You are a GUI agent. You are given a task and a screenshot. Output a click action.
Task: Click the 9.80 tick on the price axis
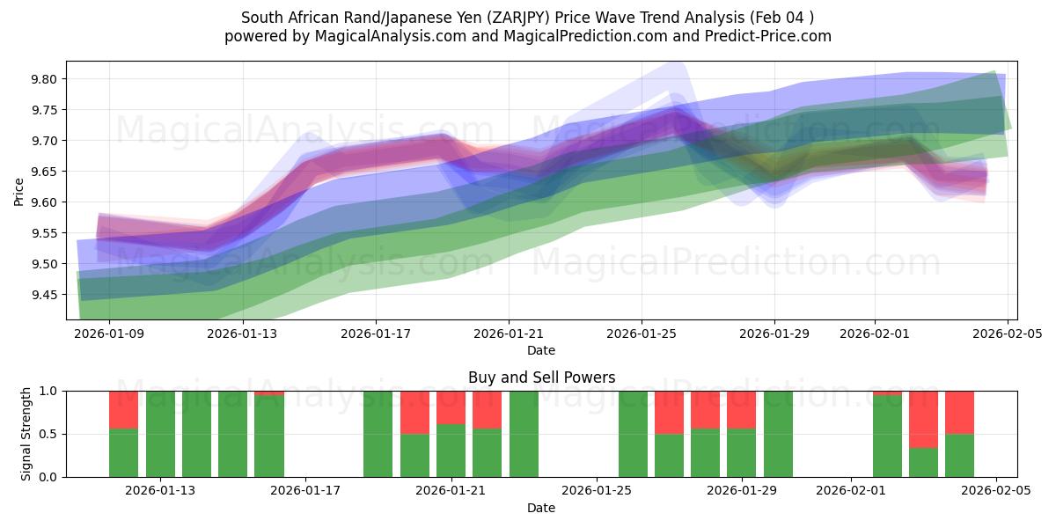point(44,79)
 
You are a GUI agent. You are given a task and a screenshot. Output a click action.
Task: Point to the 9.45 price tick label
point(44,295)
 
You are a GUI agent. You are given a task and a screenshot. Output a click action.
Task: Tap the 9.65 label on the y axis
point(44,172)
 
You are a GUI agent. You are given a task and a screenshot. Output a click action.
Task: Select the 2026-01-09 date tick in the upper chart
point(109,334)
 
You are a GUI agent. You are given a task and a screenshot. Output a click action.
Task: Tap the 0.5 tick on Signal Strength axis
point(48,434)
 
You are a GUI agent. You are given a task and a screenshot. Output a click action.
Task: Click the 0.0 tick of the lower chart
point(48,477)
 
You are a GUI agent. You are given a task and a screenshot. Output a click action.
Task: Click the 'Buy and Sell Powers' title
point(541,378)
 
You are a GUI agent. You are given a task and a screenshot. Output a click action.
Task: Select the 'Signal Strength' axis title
point(26,434)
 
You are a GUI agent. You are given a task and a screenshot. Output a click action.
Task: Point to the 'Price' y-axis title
point(19,191)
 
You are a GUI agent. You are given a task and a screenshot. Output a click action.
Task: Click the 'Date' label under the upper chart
point(541,350)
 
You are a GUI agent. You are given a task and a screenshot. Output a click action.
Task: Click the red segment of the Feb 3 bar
point(923,419)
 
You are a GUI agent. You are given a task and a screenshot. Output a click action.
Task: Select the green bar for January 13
point(160,434)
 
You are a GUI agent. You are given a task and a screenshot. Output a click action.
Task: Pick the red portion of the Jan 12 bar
point(124,409)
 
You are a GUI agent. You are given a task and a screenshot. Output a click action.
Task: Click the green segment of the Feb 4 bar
point(959,455)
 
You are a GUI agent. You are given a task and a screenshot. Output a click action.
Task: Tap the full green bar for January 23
point(524,434)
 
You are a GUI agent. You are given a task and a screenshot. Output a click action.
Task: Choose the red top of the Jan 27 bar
point(669,412)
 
